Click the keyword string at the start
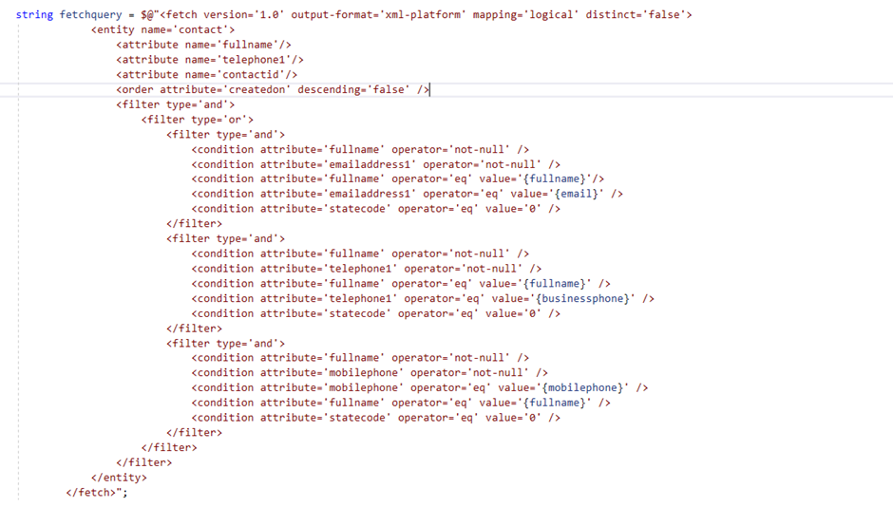pos(33,14)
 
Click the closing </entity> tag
pos(119,477)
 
